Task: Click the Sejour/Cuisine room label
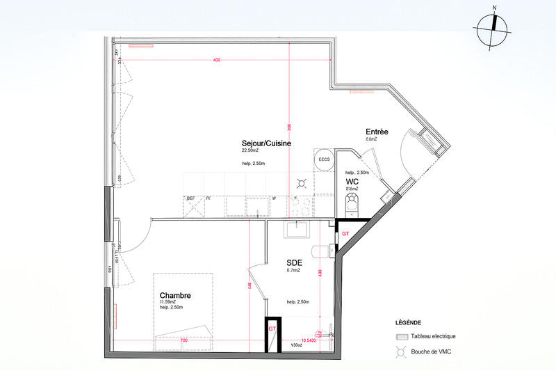click(266, 143)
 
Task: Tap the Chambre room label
click(175, 296)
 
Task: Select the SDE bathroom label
click(294, 262)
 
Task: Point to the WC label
click(352, 182)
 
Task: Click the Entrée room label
click(377, 132)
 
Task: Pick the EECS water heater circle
click(324, 160)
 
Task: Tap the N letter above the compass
click(494, 8)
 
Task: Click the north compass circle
click(493, 31)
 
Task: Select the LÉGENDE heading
click(408, 323)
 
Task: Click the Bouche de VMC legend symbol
click(401, 352)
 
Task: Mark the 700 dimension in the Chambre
click(183, 340)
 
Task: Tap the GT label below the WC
click(345, 234)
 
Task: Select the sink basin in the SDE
click(302, 230)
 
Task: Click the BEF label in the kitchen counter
click(190, 198)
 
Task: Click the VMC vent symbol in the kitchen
click(302, 184)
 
